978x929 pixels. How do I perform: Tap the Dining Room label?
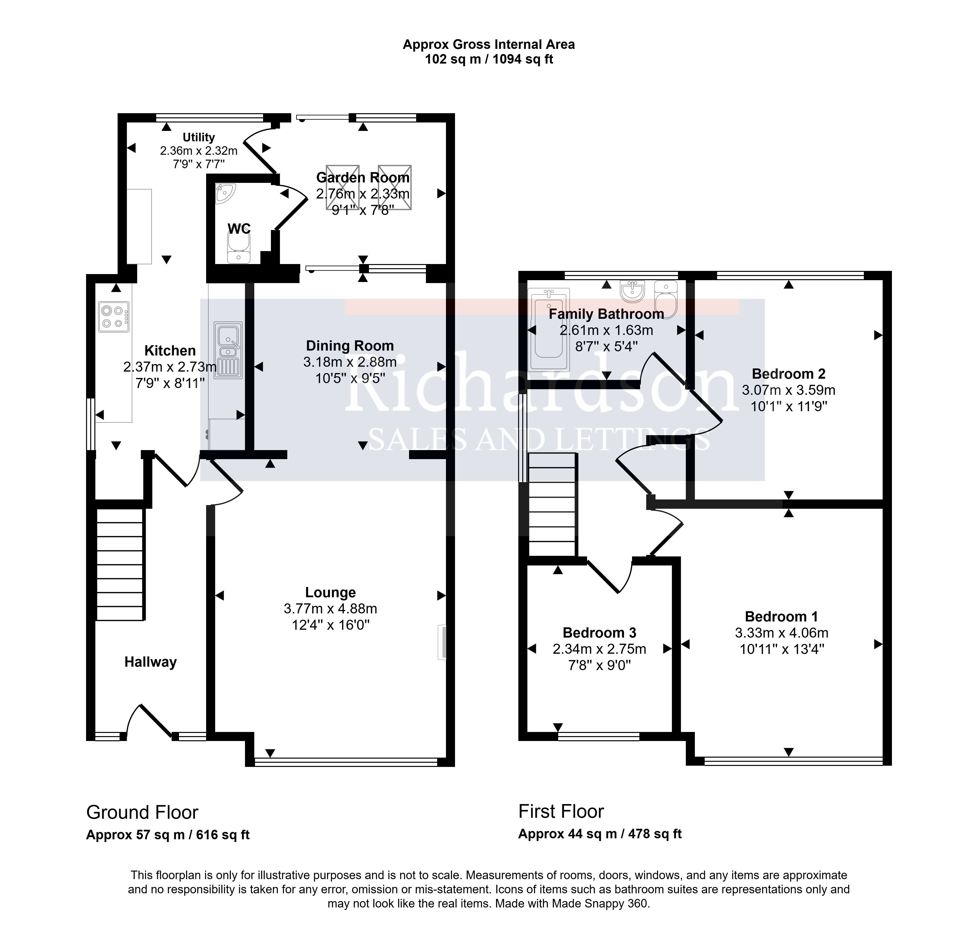coord(350,346)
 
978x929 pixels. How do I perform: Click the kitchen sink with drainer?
coord(228,350)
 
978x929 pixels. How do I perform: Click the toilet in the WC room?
coord(239,248)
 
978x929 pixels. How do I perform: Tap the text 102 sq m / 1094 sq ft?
coord(489,59)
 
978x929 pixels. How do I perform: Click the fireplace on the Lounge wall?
coord(442,642)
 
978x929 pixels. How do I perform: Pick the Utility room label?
coord(199,137)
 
